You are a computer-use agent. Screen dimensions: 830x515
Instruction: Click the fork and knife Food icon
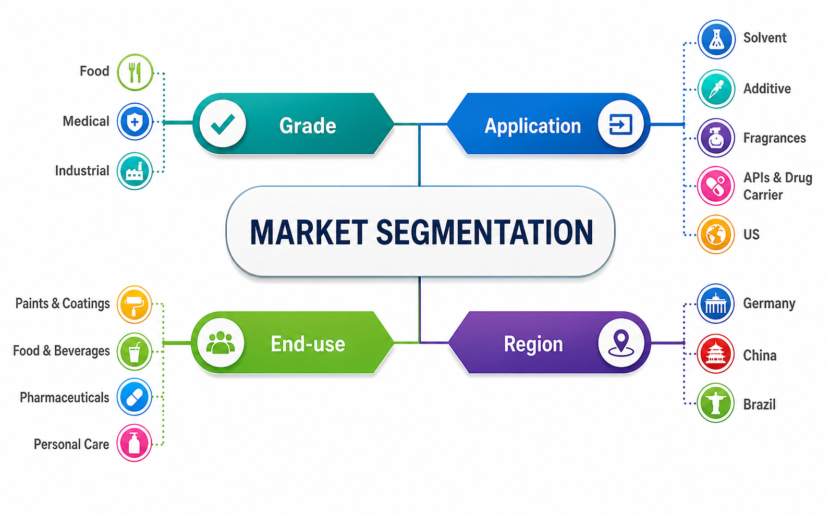(x=135, y=72)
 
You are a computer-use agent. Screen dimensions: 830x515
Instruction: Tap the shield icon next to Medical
(x=135, y=121)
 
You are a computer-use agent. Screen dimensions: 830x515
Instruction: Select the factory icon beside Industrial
(x=135, y=171)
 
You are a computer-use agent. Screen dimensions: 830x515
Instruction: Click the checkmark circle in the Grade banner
(x=222, y=124)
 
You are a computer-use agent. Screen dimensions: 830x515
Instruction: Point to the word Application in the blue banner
(x=533, y=126)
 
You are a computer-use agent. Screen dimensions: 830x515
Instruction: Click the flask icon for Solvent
(x=716, y=39)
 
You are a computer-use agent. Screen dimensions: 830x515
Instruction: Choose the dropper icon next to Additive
(x=716, y=89)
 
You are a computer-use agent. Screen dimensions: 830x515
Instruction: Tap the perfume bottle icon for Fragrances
(x=716, y=138)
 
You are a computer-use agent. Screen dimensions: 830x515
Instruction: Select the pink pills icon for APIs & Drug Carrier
(x=716, y=186)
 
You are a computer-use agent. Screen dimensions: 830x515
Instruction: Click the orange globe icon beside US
(x=716, y=235)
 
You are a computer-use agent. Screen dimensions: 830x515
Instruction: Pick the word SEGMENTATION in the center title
(x=485, y=232)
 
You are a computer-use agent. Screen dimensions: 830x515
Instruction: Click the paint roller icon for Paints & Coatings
(x=135, y=304)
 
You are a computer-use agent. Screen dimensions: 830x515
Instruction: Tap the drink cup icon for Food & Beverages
(x=135, y=352)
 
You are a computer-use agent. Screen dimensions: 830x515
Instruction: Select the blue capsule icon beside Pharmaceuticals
(x=135, y=397)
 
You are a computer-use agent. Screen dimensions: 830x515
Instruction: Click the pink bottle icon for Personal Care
(x=134, y=443)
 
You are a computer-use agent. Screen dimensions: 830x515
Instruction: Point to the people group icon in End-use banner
(x=221, y=342)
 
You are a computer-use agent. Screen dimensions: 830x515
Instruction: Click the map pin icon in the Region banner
(x=621, y=342)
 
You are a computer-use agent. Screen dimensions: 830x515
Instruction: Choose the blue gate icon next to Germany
(x=715, y=304)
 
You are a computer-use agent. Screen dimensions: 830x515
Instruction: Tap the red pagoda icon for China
(x=715, y=354)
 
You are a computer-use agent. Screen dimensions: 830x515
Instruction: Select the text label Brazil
(x=759, y=404)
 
